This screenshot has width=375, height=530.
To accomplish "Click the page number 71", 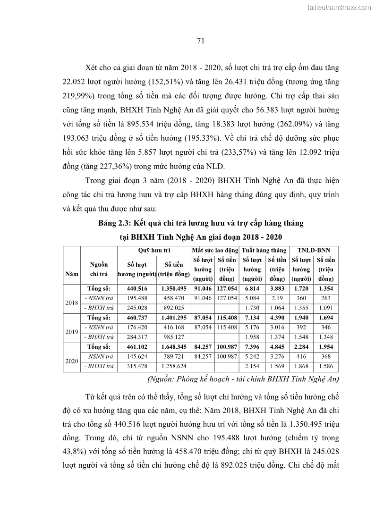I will (200, 41).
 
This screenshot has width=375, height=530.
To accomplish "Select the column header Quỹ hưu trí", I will (153, 250).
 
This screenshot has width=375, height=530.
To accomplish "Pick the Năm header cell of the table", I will (71, 273).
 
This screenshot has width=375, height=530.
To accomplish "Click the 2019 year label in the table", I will (71, 332).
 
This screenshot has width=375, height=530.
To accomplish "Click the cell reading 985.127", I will (174, 337).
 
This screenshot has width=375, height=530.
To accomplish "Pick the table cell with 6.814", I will (252, 288).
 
